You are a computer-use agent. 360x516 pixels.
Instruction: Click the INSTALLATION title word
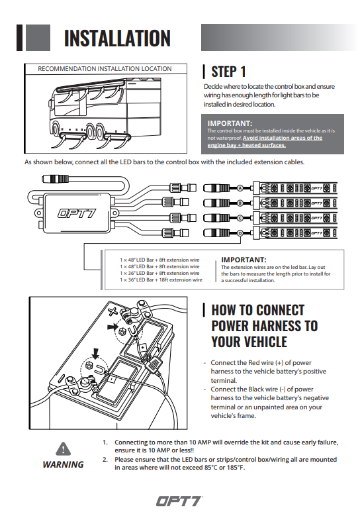pos(117,38)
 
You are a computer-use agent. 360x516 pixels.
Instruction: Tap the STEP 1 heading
pos(228,72)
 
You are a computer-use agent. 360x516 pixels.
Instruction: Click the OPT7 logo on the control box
pos(77,213)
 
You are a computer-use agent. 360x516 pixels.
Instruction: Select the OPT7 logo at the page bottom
pos(179,501)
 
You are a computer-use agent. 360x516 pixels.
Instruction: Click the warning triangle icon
pos(63,448)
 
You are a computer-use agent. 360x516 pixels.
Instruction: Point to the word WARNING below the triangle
pos(63,464)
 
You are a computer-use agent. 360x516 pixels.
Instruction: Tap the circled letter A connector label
pos(240,188)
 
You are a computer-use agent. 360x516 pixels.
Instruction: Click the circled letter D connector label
pos(240,233)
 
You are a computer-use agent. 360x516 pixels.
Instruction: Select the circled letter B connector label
pos(240,203)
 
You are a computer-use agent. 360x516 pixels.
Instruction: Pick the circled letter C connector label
pos(240,218)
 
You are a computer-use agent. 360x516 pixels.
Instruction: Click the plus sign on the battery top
pos(112,311)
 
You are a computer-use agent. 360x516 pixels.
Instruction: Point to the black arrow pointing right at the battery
pos(112,327)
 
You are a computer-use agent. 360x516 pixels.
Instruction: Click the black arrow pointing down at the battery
pos(95,354)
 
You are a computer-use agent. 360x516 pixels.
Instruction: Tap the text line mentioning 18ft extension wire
pos(161,280)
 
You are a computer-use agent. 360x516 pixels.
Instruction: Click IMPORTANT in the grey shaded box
pos(230,123)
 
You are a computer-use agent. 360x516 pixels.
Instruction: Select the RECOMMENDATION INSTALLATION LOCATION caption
pos(105,69)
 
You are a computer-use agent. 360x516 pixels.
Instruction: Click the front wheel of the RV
pos(56,129)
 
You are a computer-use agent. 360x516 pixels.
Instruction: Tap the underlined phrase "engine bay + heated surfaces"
pos(247,145)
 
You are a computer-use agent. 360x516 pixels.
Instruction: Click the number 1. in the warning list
pos(105,442)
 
